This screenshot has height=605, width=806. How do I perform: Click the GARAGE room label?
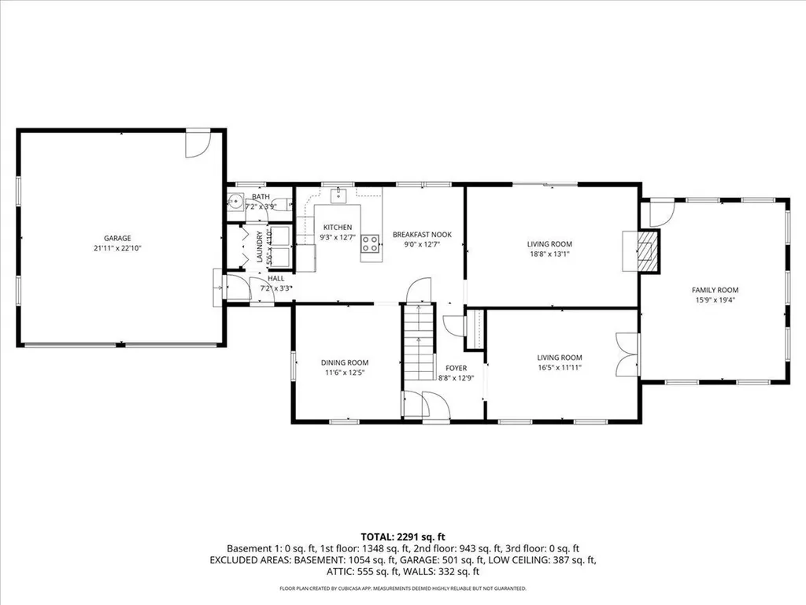[117, 238]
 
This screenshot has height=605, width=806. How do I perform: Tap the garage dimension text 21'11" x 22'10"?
[117, 248]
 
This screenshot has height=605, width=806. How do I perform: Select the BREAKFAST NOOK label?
[421, 234]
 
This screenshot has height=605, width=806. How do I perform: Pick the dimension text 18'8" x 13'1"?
[549, 254]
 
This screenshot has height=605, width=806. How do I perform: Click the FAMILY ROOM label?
[716, 289]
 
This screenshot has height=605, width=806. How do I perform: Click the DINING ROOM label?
[345, 362]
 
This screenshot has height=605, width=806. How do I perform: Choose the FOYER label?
[457, 367]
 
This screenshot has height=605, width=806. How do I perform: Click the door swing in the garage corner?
[197, 143]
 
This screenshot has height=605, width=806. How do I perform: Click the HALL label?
[275, 278]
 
